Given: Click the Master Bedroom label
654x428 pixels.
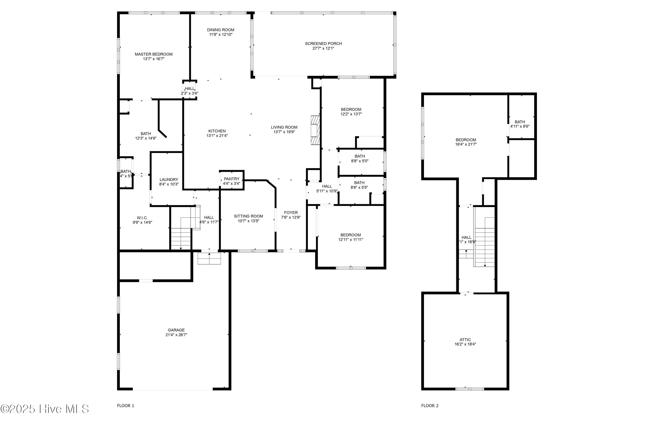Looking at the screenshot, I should (154, 54).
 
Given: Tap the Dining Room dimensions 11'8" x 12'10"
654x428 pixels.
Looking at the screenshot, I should (220, 35).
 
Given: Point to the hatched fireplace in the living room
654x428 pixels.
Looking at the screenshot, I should (315, 130).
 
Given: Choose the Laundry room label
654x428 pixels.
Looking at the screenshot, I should (169, 179).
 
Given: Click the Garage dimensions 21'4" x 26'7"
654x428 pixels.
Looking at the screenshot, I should (176, 335).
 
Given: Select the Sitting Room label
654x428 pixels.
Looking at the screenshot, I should (248, 216).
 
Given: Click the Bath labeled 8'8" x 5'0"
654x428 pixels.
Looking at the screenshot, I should (359, 158).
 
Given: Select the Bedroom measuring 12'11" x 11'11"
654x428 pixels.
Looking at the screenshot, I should (350, 237).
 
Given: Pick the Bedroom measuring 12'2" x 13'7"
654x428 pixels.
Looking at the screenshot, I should (351, 112).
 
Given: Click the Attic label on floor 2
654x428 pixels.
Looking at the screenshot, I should (465, 340).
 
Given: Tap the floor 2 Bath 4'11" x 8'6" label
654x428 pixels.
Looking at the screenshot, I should (520, 124).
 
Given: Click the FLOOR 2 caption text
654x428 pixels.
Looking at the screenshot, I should (430, 406).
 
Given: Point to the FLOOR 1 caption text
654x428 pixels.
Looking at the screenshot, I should (126, 406).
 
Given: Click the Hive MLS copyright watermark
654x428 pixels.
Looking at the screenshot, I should (44, 409).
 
